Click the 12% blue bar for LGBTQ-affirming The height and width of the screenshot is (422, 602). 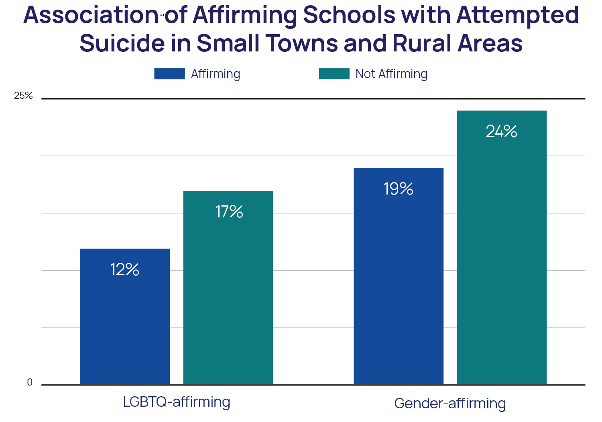coord(125,322)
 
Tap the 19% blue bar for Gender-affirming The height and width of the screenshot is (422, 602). coord(399,281)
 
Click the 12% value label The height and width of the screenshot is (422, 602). coord(125,270)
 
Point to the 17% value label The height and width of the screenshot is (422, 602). coord(229,212)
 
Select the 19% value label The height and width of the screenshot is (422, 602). coord(399,189)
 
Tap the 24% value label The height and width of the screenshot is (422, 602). coord(502,131)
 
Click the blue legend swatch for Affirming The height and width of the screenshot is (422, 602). coord(169,74)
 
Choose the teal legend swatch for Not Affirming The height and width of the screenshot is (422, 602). coord(334,74)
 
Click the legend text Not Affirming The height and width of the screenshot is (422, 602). coord(391,74)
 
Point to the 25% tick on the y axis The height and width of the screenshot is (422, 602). coord(23,96)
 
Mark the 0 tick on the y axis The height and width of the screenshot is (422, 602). coord(30,382)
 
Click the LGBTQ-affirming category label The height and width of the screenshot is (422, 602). coord(177,402)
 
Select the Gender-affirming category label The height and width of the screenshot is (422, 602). coord(450,404)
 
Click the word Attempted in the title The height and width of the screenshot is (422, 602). coord(518,15)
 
